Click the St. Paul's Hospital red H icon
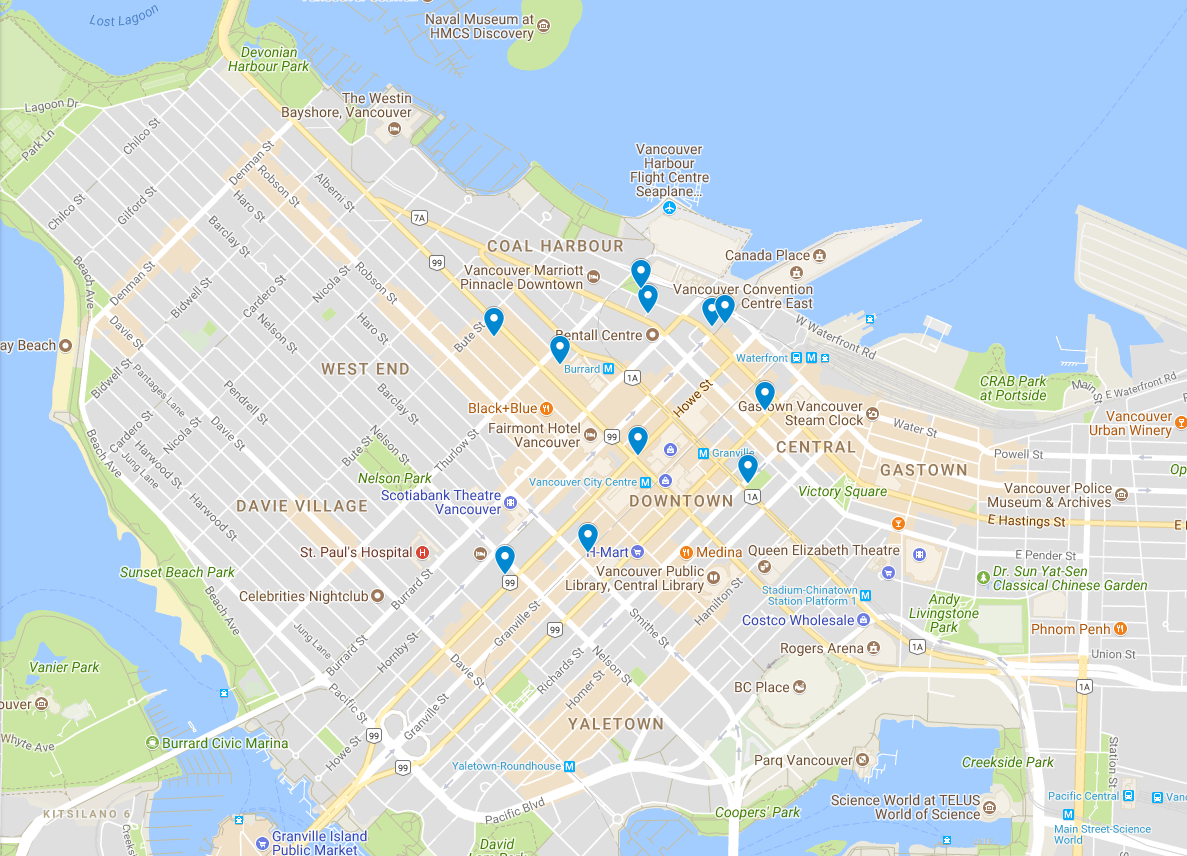click(x=422, y=552)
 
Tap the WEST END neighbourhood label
click(x=365, y=369)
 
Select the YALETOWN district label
click(x=615, y=723)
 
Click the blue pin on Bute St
click(x=493, y=320)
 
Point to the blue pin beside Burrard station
click(x=560, y=348)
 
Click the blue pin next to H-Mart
click(x=588, y=537)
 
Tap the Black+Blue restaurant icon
click(x=546, y=408)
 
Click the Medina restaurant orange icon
click(x=686, y=552)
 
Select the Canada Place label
click(x=767, y=255)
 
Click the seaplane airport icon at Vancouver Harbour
click(x=669, y=207)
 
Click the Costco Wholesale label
click(x=798, y=620)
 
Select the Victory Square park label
click(x=842, y=491)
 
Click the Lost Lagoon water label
click(x=124, y=15)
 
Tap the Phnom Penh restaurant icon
click(x=1120, y=629)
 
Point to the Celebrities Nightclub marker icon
click(x=377, y=596)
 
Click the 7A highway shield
click(x=419, y=216)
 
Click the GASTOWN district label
click(x=923, y=469)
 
